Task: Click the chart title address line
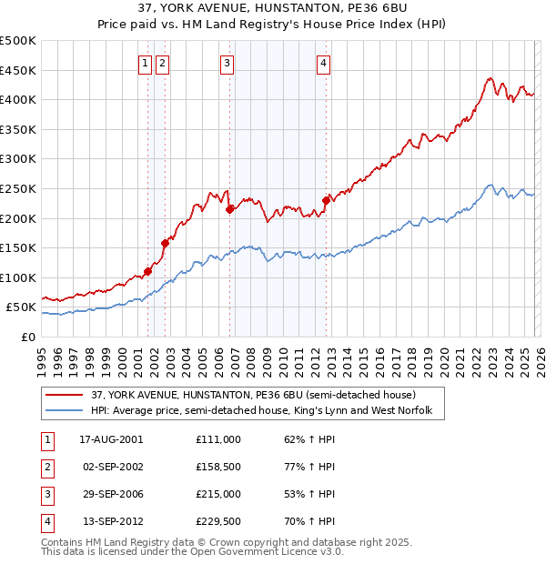point(272,10)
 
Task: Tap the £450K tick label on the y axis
point(18,70)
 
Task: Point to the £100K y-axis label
point(18,277)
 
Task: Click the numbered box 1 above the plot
point(146,63)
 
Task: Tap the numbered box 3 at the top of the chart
point(227,63)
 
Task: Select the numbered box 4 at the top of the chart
point(323,63)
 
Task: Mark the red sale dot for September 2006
point(229,209)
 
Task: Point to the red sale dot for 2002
point(165,243)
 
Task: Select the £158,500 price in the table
point(217,466)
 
